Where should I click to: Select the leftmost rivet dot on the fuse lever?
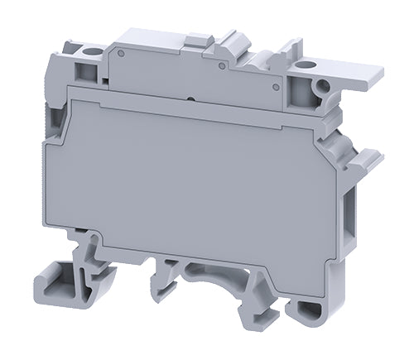[x=121, y=55]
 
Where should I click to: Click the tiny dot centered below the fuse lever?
[x=192, y=98]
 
